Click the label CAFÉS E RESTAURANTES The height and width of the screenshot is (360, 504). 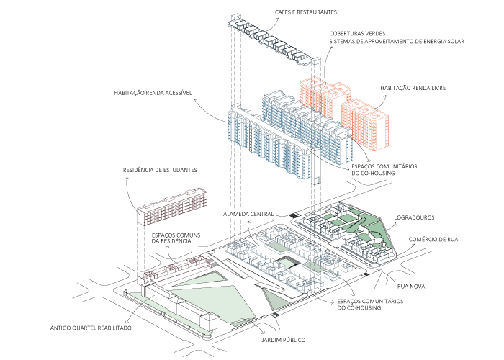[x=306, y=12]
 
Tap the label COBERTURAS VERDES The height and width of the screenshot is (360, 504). [x=358, y=33]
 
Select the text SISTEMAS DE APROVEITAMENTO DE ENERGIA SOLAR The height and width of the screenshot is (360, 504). [x=397, y=42]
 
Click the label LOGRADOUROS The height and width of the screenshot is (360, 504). [x=414, y=217]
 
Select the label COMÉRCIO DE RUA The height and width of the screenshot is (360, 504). [x=433, y=239]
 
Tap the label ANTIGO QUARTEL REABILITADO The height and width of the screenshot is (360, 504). [x=91, y=327]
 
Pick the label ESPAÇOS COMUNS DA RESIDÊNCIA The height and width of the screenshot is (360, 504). [x=181, y=239]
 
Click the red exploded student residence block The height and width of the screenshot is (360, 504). [x=173, y=208]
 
